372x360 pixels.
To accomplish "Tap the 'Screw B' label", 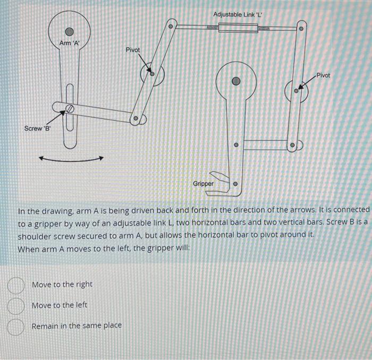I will [37, 128].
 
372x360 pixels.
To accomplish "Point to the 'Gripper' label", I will [203, 184].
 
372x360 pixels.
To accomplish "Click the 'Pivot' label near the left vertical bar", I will [133, 49].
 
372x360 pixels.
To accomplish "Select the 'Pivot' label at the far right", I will [323, 75].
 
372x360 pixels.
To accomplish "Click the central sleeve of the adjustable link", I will [238, 27].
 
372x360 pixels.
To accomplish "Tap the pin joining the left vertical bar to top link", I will [171, 26].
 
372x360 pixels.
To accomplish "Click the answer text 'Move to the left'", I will [60, 305].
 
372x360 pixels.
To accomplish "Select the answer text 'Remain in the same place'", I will [77, 325].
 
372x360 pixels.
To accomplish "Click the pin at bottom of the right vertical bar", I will [292, 145].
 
